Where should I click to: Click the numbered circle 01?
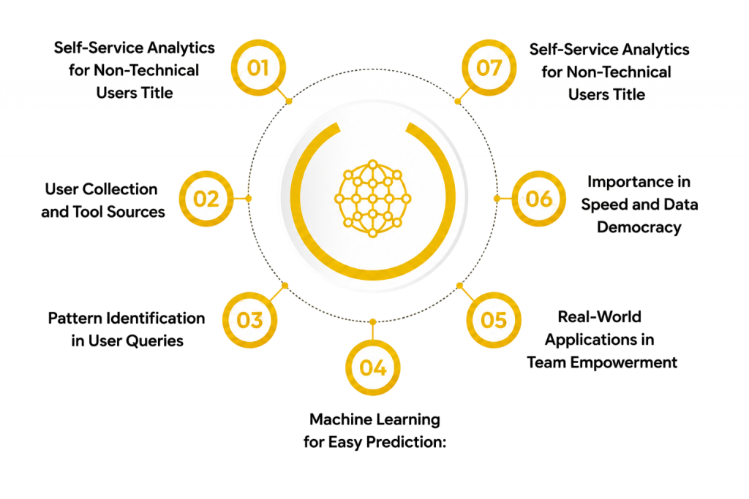pos(258,68)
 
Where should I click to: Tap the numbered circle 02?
pos(206,199)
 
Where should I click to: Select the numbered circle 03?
pos(250,320)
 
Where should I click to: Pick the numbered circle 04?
pos(372,367)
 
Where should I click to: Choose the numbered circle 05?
pos(494,320)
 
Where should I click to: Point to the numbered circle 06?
pos(539,199)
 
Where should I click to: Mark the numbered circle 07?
pos(489,68)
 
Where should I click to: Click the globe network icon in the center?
pos(372,199)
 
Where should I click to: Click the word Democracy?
pos(639,227)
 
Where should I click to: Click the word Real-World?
pos(600,317)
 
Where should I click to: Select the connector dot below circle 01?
pos(288,101)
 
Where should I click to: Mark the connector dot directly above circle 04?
pos(372,322)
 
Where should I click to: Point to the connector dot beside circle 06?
pos(497,199)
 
